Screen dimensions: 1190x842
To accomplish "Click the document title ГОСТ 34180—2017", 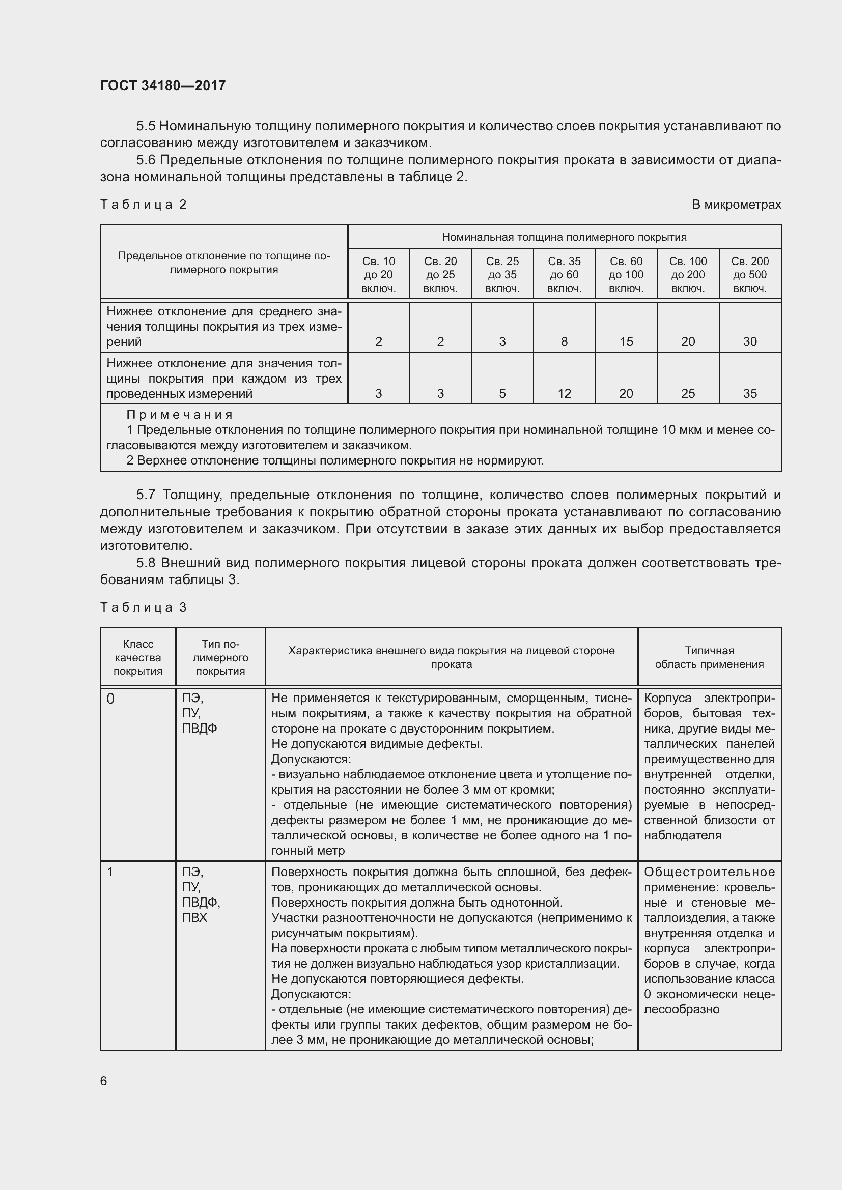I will (x=163, y=85).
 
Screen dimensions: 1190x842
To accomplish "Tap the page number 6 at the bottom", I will (x=104, y=1081).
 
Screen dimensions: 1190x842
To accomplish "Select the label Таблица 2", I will (x=143, y=204).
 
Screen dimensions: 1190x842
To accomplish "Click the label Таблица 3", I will (x=143, y=607).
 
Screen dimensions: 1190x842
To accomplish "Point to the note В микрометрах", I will (x=736, y=204).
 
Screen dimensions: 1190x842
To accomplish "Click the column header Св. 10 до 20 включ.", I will (x=378, y=275).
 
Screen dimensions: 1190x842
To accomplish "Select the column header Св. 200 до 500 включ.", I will (x=750, y=275).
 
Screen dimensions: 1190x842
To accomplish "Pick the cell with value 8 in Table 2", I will (x=564, y=341).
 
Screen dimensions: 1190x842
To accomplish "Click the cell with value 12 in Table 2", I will (x=564, y=393).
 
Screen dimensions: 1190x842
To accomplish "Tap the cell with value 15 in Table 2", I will (x=626, y=341).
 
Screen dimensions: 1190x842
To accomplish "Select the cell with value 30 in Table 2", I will (x=750, y=341).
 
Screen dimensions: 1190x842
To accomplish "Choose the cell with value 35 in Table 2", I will (x=750, y=393).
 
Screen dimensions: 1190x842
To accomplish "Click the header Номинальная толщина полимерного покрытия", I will (x=564, y=237).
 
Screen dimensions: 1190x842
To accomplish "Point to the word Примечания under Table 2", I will (x=180, y=415).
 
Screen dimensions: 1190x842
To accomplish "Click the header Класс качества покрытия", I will (x=138, y=657).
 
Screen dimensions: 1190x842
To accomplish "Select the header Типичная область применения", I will (x=709, y=657).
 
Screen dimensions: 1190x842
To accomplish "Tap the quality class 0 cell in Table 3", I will (x=110, y=699).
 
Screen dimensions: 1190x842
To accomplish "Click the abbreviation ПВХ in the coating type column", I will (x=194, y=917).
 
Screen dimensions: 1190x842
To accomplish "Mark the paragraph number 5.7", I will (x=146, y=495).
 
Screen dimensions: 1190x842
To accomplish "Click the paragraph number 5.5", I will (x=146, y=126).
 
